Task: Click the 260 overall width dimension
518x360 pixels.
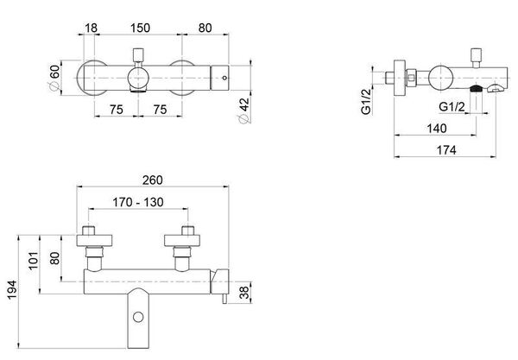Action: coord(152,180)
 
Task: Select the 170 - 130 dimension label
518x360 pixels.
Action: coord(138,202)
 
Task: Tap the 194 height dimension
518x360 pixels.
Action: coord(12,290)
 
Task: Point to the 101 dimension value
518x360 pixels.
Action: coord(34,261)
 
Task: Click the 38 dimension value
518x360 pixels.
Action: coord(244,293)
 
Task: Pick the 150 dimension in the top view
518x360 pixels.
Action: coord(140,28)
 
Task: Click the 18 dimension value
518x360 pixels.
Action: coord(92,28)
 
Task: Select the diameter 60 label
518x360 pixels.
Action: coord(54,78)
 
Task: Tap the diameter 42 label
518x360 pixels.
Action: coord(243,111)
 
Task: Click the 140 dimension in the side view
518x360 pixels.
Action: coord(437,128)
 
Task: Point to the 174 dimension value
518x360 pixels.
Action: coord(446,150)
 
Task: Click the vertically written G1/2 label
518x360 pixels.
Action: coord(366,101)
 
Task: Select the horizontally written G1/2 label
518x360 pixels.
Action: coord(452,107)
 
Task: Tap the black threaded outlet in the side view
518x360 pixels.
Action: coord(476,88)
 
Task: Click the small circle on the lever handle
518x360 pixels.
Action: coord(138,317)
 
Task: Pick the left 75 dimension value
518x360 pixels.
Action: coord(117,110)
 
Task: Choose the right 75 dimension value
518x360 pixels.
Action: coord(160,110)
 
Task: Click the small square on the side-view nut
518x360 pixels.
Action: coord(411,78)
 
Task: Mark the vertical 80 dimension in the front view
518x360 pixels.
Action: coord(54,258)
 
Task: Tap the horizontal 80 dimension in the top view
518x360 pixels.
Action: coord(205,28)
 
